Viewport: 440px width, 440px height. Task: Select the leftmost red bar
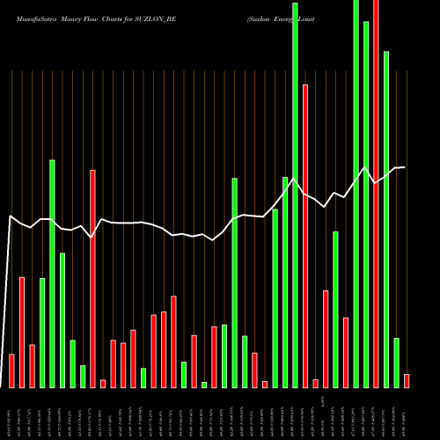tap(11, 370)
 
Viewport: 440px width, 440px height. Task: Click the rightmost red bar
tap(407, 381)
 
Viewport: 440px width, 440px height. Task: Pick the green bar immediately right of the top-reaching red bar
tap(386, 219)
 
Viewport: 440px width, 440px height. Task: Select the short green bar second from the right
tap(396, 363)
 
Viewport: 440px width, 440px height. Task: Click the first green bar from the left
tap(42, 333)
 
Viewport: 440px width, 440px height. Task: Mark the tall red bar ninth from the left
tap(92, 278)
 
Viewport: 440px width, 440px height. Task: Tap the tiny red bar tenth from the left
tap(103, 384)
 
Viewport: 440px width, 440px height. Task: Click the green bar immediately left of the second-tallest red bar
tap(296, 194)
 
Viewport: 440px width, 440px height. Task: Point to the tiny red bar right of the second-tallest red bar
tap(315, 384)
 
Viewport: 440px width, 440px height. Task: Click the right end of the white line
tap(404, 167)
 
